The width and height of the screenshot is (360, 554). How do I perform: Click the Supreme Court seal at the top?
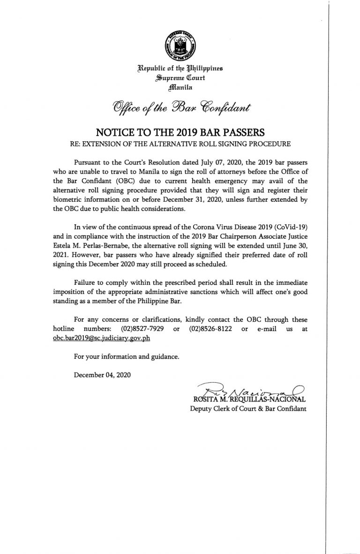point(180,44)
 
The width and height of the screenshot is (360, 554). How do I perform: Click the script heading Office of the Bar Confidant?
point(180,108)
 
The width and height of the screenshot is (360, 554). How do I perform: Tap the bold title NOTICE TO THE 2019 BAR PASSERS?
point(180,131)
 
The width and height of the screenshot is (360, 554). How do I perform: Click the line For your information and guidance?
point(127,357)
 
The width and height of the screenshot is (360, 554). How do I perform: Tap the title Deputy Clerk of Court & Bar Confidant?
point(248,409)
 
